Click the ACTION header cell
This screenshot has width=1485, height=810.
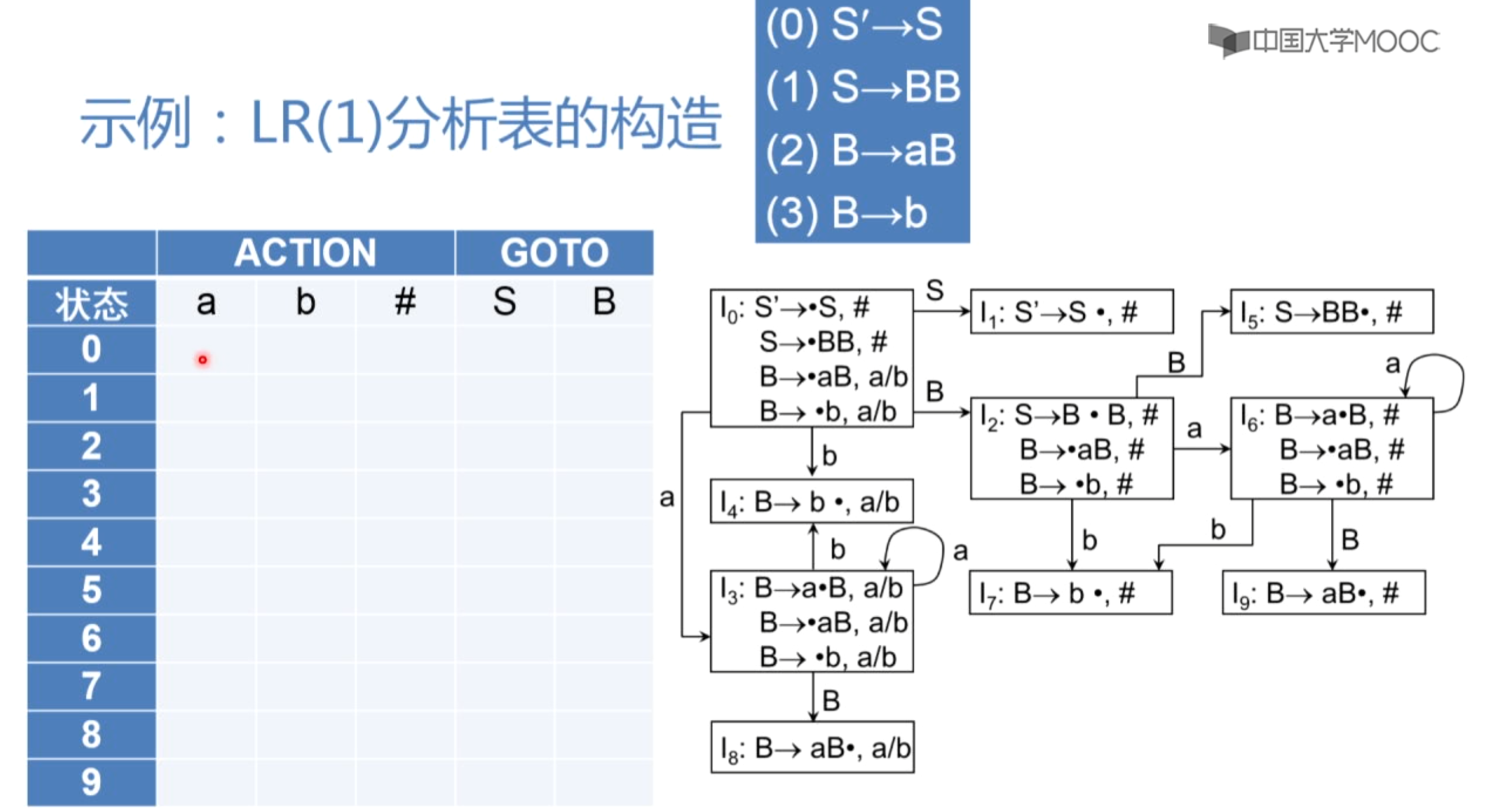pos(305,253)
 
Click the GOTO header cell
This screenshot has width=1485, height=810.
pos(554,253)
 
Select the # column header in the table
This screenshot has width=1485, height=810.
pos(405,302)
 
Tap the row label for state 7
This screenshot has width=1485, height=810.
pos(91,686)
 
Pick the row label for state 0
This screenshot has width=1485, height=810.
pos(91,349)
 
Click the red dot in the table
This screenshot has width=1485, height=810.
pos(203,359)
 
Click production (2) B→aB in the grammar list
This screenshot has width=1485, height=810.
pos(861,151)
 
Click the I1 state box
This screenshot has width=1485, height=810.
pos(1071,312)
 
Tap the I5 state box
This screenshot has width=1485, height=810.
pos(1331,312)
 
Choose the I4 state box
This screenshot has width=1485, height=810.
pos(812,502)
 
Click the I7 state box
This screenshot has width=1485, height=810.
pos(1071,593)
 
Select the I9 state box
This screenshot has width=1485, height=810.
pos(1323,593)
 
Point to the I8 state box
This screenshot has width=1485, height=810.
pos(812,748)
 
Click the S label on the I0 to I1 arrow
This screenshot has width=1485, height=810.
pos(935,290)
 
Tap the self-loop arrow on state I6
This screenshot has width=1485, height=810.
pos(1447,375)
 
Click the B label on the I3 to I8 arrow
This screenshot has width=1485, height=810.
pos(831,700)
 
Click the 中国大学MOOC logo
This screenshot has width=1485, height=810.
pos(1323,41)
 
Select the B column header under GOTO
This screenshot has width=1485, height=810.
pos(604,302)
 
